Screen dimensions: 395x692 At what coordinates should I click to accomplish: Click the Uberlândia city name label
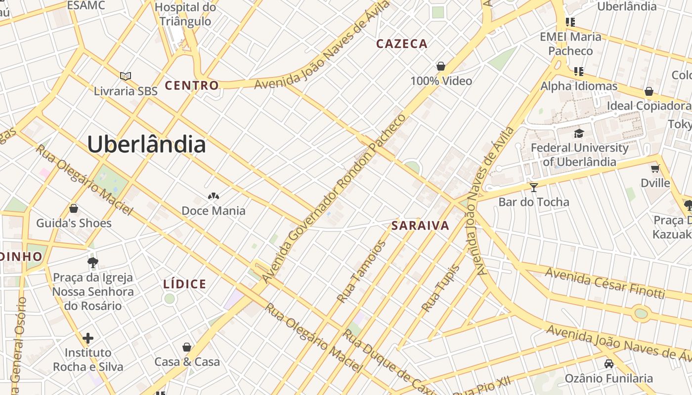[x=146, y=144]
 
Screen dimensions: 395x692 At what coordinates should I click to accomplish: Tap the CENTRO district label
[x=191, y=85]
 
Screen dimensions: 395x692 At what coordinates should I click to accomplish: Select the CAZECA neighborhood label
[x=401, y=44]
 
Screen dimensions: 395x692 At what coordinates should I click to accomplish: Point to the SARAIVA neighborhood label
[x=420, y=226]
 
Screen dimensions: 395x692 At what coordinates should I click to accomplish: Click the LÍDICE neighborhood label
[x=184, y=284]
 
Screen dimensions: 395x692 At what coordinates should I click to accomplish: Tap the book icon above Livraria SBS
[x=126, y=76]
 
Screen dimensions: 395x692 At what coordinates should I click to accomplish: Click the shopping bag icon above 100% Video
[x=440, y=66]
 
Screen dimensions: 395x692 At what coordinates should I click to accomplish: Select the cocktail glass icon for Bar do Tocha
[x=533, y=187]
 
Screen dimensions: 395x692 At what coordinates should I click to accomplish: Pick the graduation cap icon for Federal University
[x=579, y=133]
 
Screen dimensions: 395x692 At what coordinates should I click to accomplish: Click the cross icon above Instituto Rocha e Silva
[x=88, y=338]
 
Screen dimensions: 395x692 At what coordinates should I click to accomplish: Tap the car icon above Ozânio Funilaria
[x=609, y=364]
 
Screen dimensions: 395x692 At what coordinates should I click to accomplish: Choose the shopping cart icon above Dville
[x=655, y=169]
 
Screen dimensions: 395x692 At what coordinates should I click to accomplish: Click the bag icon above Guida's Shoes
[x=74, y=208]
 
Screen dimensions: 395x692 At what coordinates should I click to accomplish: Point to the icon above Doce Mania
[x=213, y=197]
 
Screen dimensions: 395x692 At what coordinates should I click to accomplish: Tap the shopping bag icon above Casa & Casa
[x=187, y=347]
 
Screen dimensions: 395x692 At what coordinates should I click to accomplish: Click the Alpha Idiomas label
[x=579, y=86]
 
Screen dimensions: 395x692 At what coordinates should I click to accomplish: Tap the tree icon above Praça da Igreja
[x=92, y=262]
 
